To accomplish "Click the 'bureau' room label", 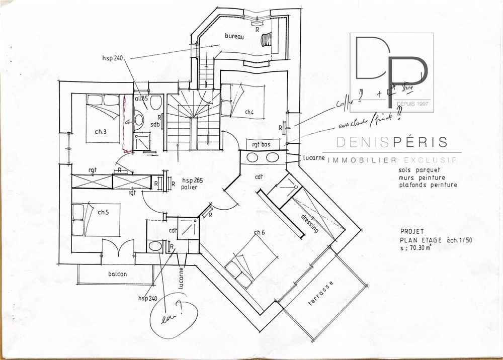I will pos(234,37).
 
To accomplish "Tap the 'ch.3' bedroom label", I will pos(101,133).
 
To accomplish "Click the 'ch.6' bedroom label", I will pos(259,232).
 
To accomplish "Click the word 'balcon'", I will pos(117,275).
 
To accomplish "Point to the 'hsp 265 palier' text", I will pos(191,184).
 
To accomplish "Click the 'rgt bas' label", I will pos(262,145).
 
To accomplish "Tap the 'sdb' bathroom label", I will pos(154,124).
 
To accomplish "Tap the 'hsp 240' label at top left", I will pos(112,58).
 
